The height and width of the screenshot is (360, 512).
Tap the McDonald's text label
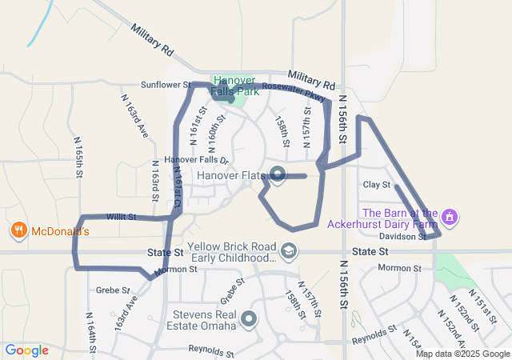[x=59, y=231]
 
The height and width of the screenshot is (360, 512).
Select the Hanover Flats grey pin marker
[x=278, y=174]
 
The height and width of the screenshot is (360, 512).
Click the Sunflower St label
[x=165, y=84]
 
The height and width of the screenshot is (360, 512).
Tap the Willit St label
[x=121, y=217]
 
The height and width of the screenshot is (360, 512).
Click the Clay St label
[x=375, y=185]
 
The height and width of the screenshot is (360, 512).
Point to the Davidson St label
[x=402, y=237]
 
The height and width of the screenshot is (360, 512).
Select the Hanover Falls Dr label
[x=190, y=160]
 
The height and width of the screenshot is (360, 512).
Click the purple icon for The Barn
[x=450, y=216]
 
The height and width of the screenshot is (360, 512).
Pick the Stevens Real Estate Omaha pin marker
[x=250, y=319]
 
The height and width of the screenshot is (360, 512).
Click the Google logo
[x=26, y=350]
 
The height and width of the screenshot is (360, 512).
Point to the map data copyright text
[x=462, y=354]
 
